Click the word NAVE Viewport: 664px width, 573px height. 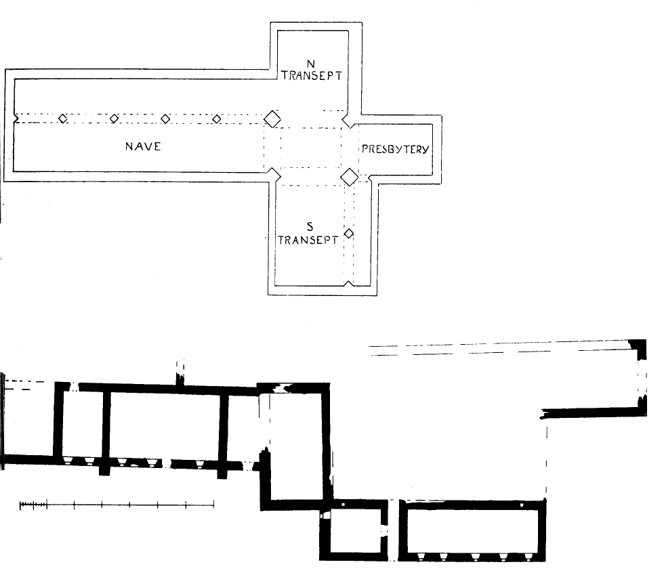click(x=143, y=147)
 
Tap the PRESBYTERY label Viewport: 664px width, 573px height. click(x=395, y=149)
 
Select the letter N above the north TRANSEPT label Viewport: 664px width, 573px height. click(x=311, y=64)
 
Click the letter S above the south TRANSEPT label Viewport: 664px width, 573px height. click(x=310, y=227)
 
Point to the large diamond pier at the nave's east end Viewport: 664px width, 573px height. click(x=272, y=119)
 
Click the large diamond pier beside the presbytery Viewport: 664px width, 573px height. click(x=350, y=177)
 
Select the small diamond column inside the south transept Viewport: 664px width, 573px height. click(x=348, y=234)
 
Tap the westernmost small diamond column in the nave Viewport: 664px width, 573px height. click(x=62, y=119)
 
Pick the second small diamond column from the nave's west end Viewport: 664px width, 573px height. click(x=114, y=119)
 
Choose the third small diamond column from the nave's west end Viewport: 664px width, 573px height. click(x=165, y=119)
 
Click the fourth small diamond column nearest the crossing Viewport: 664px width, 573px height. click(x=216, y=119)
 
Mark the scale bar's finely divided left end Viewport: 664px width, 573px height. click(x=33, y=505)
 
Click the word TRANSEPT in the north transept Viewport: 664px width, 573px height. click(x=312, y=76)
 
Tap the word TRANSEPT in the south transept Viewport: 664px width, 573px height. click(x=308, y=240)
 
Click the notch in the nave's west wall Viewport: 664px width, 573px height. click(x=16, y=118)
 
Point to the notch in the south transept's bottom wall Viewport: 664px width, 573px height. click(x=348, y=283)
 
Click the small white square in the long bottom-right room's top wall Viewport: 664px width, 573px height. click(x=522, y=505)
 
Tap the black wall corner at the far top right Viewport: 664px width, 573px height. click(x=639, y=347)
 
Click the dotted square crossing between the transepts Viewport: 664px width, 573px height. click(x=311, y=148)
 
